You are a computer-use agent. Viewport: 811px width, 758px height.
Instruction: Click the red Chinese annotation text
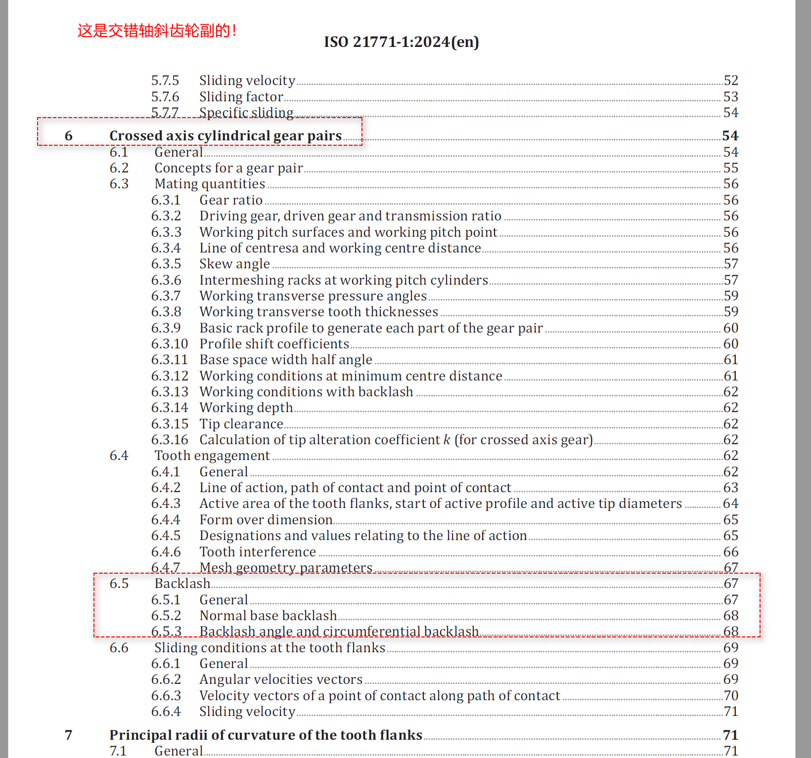(157, 31)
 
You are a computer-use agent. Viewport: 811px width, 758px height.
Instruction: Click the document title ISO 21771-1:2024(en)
(401, 42)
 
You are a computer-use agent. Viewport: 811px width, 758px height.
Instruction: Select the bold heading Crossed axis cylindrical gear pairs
(225, 136)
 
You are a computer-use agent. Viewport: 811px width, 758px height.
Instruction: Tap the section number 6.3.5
(166, 264)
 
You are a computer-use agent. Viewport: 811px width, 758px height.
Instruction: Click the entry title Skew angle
(234, 264)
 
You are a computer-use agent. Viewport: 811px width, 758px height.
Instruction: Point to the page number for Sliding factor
(730, 96)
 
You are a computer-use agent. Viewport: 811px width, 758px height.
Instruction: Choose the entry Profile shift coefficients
(274, 344)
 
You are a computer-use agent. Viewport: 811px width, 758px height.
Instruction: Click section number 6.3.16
(170, 440)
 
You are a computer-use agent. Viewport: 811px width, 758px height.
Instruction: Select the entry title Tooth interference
(257, 552)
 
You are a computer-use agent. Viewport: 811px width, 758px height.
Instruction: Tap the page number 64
(730, 504)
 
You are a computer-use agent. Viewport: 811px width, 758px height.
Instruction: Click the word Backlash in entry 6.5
(182, 584)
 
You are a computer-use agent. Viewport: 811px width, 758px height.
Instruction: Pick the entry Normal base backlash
(268, 616)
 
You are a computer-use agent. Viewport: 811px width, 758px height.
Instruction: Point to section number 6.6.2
(166, 679)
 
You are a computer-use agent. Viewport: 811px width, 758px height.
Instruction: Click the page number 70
(730, 696)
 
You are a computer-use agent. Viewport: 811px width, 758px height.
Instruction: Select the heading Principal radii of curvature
(266, 735)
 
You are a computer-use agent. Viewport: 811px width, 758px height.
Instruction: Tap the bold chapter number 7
(69, 735)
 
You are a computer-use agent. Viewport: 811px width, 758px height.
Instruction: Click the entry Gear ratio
(231, 200)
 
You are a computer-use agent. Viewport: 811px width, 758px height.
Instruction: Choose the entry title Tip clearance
(241, 424)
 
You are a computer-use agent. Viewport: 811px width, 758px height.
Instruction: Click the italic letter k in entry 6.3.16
(447, 440)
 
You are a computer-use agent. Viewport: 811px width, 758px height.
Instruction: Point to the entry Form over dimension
(266, 520)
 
